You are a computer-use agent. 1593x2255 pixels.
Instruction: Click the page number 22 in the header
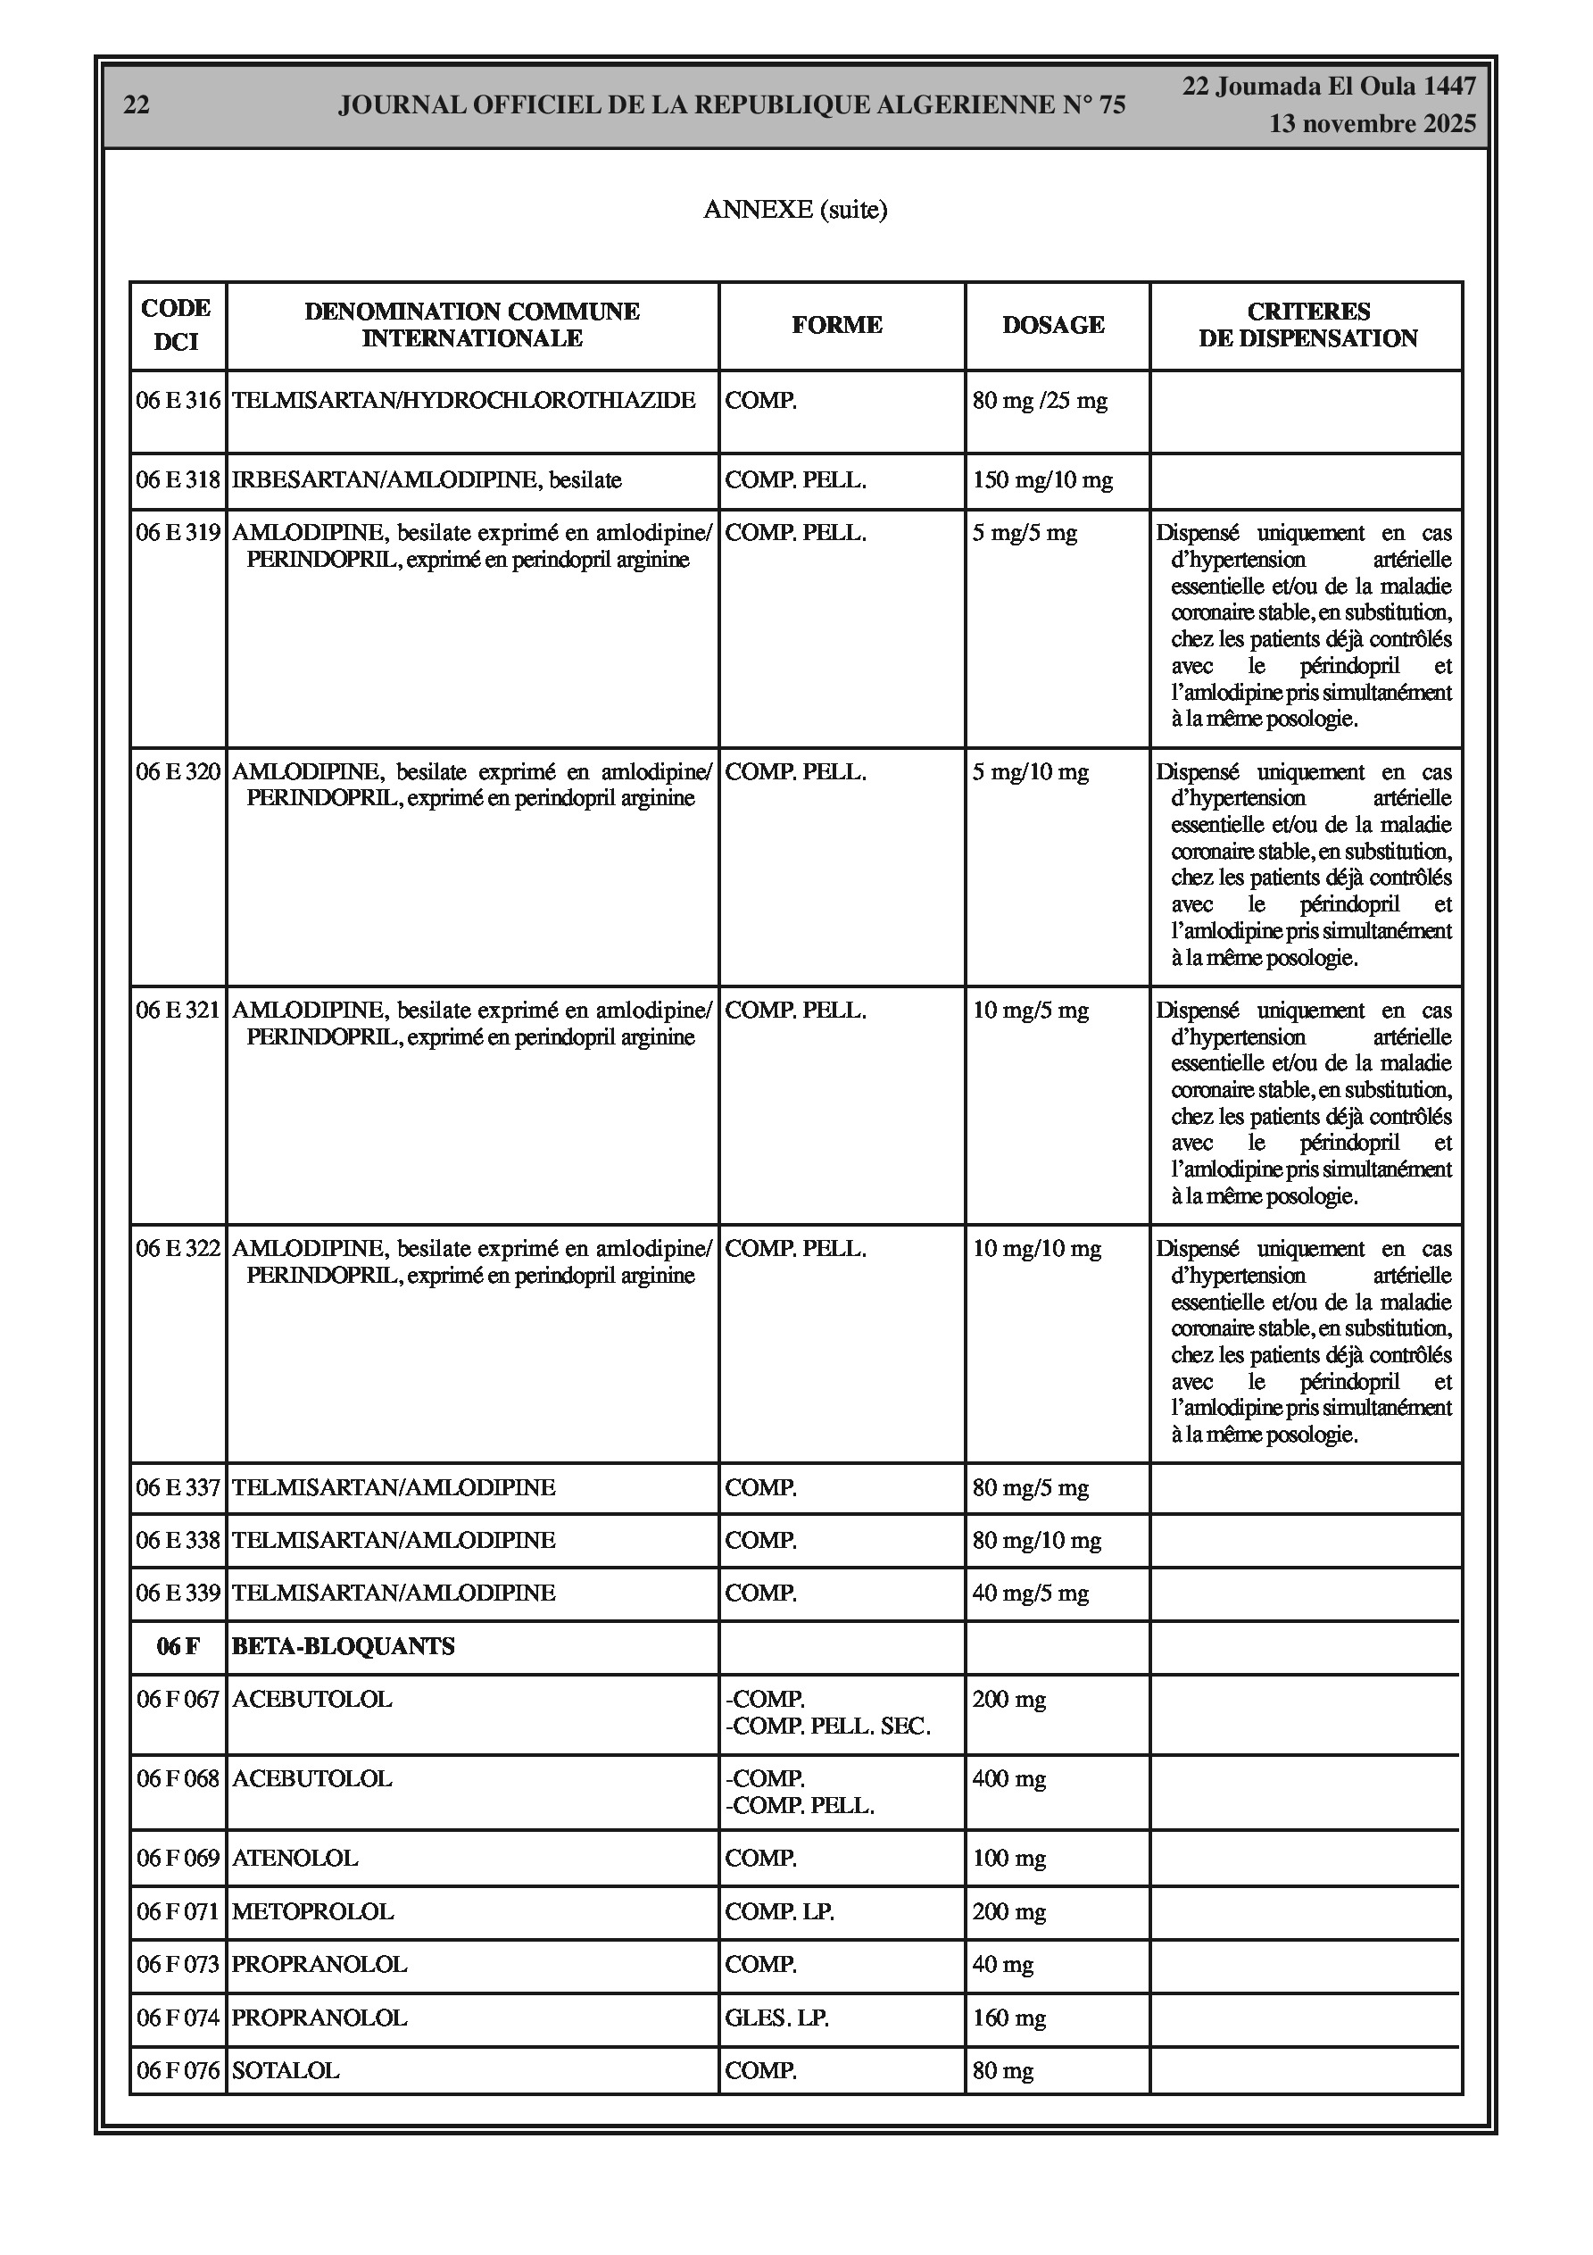137,105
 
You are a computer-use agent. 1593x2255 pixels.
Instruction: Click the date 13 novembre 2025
1372,124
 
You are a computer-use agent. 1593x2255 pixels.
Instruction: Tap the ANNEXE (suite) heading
794,209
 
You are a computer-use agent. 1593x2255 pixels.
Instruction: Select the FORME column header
837,325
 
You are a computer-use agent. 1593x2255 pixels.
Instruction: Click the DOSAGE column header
1053,325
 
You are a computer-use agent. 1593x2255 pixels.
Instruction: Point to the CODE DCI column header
177,325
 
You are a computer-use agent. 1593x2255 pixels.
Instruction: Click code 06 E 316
178,401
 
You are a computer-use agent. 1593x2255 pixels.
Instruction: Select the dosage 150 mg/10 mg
1042,480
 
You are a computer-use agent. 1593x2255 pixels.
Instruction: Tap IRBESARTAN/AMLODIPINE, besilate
427,480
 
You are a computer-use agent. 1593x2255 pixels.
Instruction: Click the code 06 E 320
178,772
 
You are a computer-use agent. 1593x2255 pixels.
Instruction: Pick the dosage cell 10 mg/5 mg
1030,1011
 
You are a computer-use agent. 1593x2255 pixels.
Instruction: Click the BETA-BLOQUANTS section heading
343,1647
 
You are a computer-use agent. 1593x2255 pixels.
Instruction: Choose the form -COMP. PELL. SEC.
828,1727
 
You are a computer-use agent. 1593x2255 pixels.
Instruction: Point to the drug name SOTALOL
286,2071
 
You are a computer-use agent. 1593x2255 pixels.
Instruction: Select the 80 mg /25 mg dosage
1039,401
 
